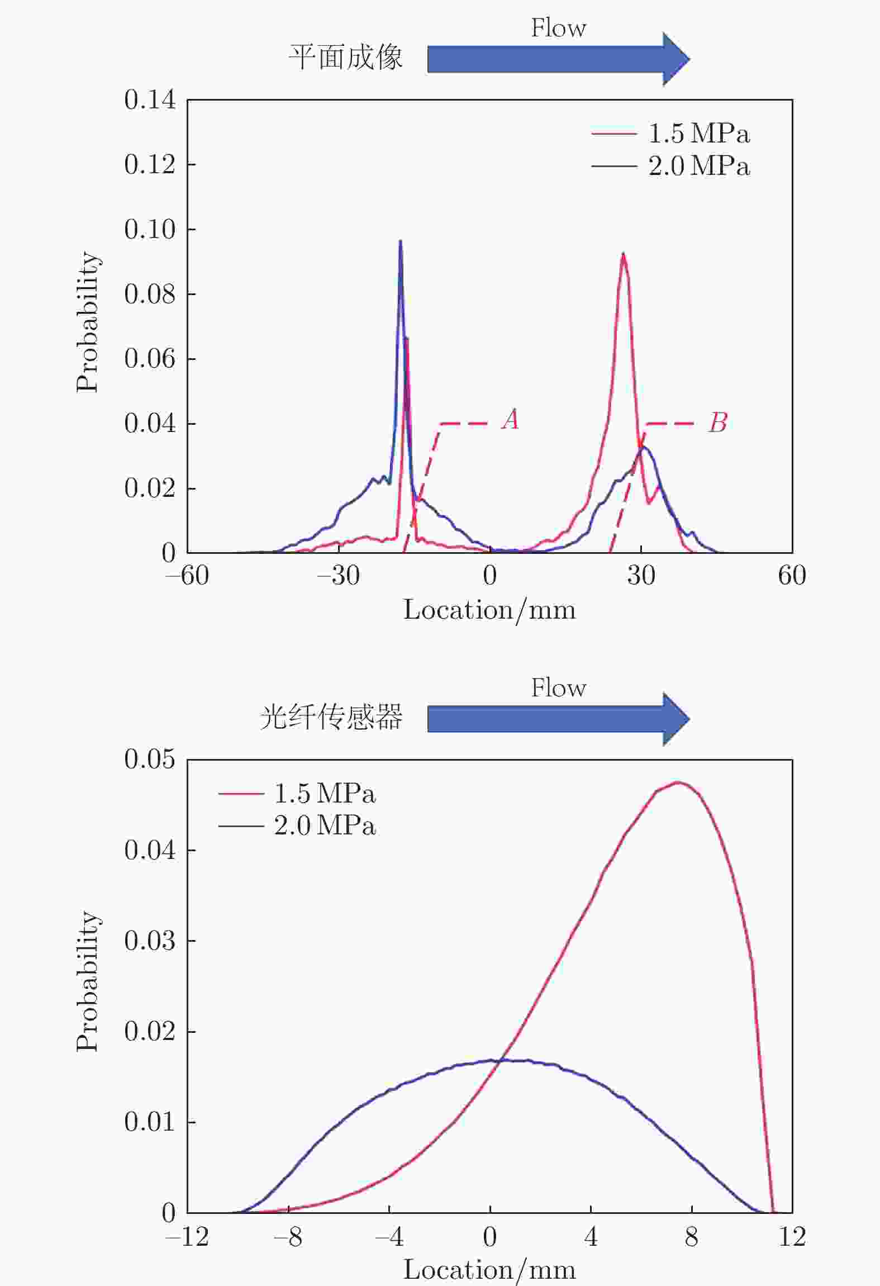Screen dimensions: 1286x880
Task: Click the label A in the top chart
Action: click(x=510, y=419)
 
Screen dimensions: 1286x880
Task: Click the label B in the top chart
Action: click(x=718, y=423)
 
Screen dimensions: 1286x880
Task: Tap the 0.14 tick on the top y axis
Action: click(x=150, y=100)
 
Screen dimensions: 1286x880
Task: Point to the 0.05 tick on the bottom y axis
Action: click(x=150, y=760)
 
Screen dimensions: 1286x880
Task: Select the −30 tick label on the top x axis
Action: click(x=339, y=575)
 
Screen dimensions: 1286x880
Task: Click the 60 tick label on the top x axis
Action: click(x=792, y=575)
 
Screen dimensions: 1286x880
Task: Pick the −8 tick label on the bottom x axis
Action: click(x=288, y=1237)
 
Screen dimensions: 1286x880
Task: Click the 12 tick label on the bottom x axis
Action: click(x=792, y=1237)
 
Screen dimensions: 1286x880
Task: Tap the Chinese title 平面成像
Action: click(x=345, y=58)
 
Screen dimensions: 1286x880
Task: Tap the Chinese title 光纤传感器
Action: click(x=331, y=718)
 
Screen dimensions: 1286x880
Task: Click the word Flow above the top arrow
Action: click(x=558, y=28)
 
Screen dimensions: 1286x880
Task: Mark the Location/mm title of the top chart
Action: click(x=489, y=610)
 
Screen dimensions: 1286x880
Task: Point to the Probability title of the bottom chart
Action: click(x=88, y=981)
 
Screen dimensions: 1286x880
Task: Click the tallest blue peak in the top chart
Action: click(x=400, y=241)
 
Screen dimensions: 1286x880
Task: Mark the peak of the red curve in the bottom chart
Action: click(x=677, y=782)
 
